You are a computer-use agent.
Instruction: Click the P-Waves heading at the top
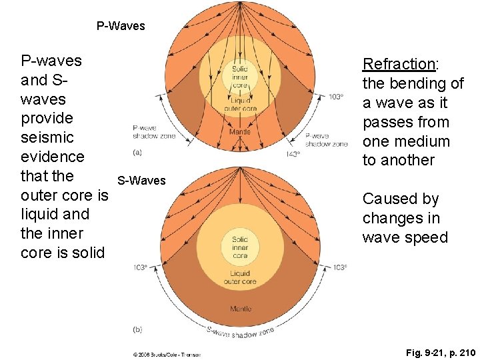point(121,27)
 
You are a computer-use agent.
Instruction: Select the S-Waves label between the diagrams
point(141,181)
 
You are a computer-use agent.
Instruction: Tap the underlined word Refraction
point(398,65)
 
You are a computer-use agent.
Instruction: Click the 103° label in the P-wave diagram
point(336,97)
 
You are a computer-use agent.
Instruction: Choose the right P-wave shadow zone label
point(326,140)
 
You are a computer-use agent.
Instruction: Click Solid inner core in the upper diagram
point(240,77)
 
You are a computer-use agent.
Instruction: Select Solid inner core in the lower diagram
point(240,247)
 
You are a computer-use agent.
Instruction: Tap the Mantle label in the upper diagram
point(240,131)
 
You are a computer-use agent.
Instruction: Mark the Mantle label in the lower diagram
point(240,309)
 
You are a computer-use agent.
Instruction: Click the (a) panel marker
point(137,152)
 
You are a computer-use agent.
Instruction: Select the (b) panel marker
point(137,329)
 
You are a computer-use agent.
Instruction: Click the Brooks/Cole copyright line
point(167,353)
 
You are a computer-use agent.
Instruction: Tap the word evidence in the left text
point(53,157)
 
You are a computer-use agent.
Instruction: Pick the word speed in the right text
point(425,237)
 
